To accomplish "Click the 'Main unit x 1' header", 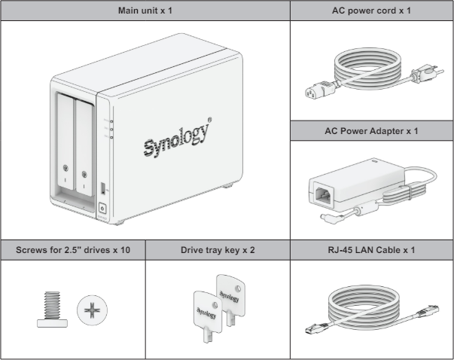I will pos(145,11).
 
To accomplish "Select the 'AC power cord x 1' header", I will pos(372,11).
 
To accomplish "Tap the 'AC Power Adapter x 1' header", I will pos(372,130).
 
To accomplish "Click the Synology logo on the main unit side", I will pos(178,139).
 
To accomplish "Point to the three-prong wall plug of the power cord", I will pos(416,76).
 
